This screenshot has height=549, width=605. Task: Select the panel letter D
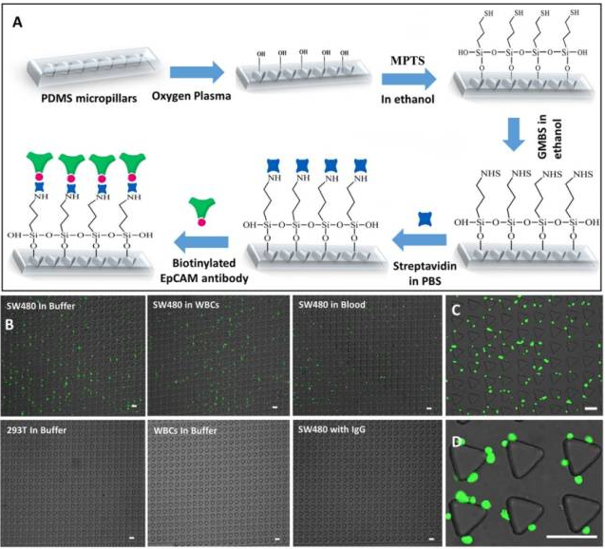458,444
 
